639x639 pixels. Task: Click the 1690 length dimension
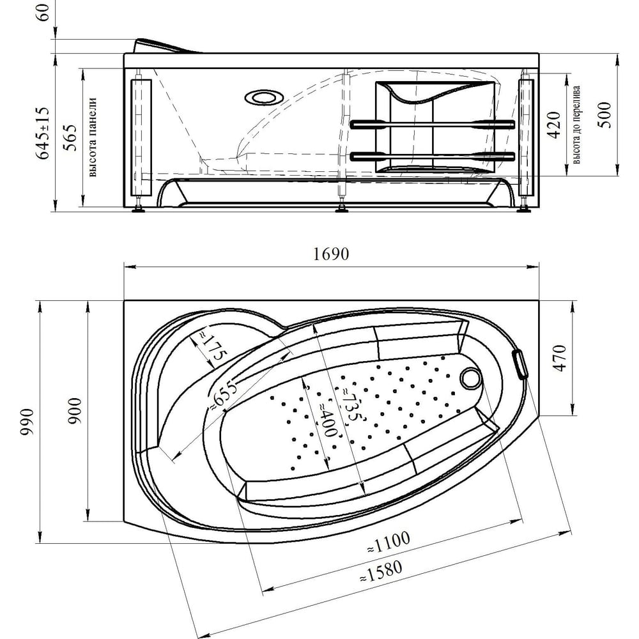pyautogui.click(x=331, y=254)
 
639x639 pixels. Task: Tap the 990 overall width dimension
pyautogui.click(x=27, y=422)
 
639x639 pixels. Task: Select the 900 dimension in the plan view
pyautogui.click(x=75, y=411)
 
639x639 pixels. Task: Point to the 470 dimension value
pyautogui.click(x=561, y=358)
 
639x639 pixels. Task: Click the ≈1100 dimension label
pyautogui.click(x=389, y=543)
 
